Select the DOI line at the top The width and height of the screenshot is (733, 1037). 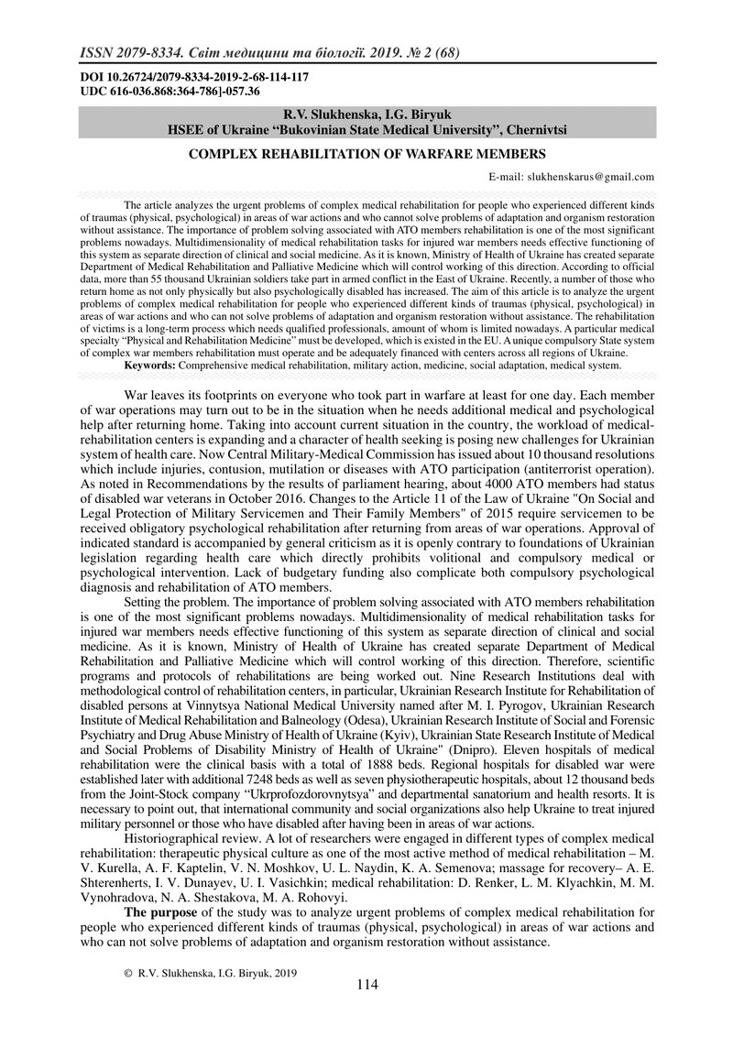[195, 79]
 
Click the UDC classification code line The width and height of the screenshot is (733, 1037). [170, 92]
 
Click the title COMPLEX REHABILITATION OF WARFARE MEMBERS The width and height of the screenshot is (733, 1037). [366, 154]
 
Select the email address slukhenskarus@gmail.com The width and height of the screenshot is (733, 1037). [586, 177]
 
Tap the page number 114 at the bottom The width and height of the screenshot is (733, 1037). [366, 985]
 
